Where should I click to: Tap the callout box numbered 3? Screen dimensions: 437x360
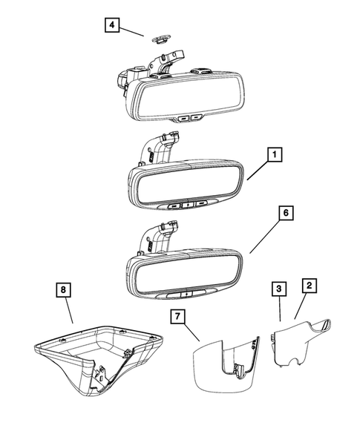[x=277, y=287]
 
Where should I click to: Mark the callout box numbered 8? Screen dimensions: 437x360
[x=66, y=289]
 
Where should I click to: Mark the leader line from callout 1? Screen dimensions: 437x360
[x=257, y=174]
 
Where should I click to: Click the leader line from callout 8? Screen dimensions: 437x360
[x=70, y=311]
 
